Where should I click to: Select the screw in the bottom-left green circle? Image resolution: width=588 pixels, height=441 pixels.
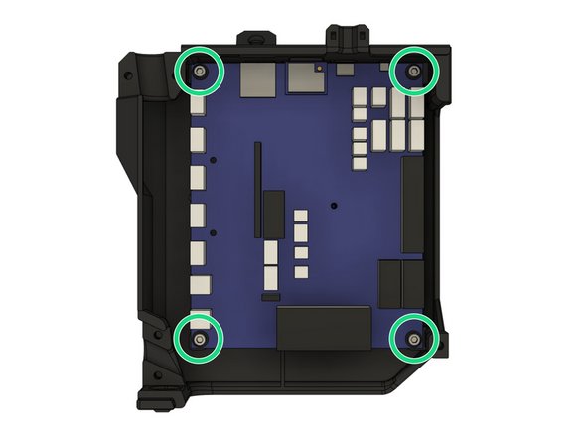coord(201,339)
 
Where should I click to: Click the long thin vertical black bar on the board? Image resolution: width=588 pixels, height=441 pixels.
coord(257,189)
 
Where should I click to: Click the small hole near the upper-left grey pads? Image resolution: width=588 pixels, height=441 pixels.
coord(213,158)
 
